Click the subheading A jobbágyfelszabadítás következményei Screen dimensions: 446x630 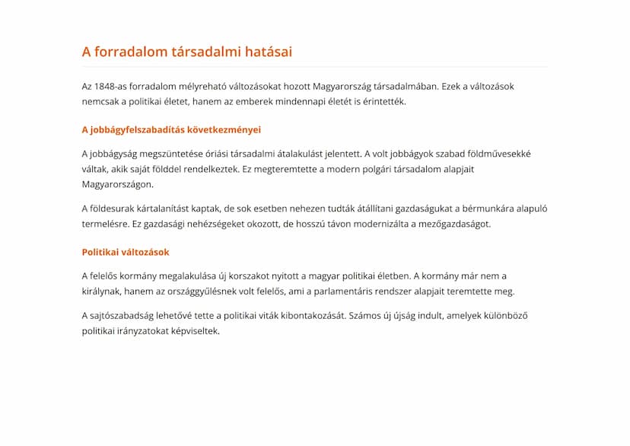pyautogui.click(x=171, y=129)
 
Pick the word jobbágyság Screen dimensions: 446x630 pyautogui.click(x=115, y=154)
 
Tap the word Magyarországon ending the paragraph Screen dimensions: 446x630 pyautogui.click(x=117, y=184)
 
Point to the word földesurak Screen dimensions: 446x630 pyautogui.click(x=114, y=209)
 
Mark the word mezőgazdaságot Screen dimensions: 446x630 pyautogui.click(x=451, y=224)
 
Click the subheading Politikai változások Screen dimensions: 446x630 pyautogui.click(x=126, y=252)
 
